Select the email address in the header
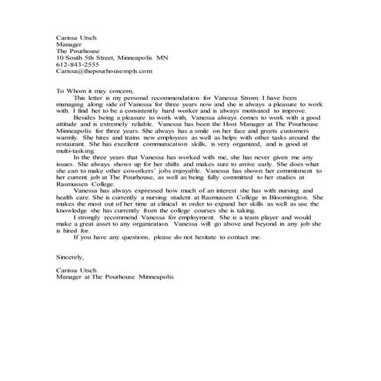click(105, 71)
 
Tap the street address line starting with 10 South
click(112, 56)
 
